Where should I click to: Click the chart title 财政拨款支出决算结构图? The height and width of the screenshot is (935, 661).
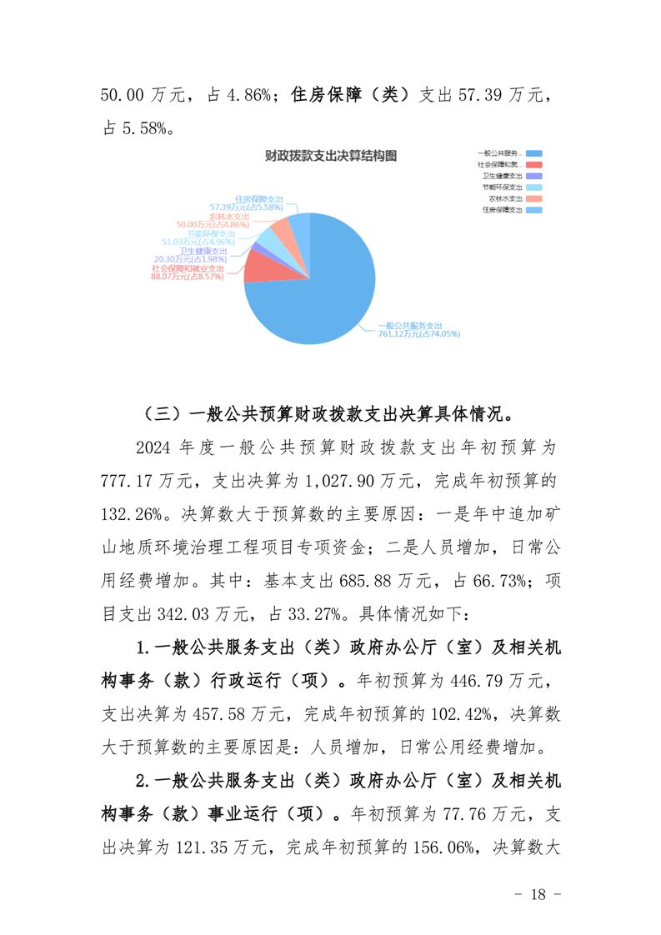click(x=329, y=156)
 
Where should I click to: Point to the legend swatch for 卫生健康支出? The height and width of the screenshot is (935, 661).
click(x=534, y=177)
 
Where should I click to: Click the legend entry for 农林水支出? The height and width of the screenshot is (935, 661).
click(x=505, y=199)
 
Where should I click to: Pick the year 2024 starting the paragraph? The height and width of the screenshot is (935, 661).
click(x=154, y=447)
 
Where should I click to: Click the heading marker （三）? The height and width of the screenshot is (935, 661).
click(x=159, y=412)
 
